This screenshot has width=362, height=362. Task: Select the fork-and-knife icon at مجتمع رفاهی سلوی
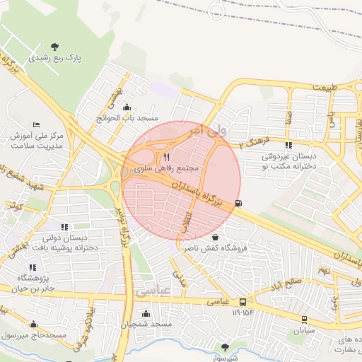point(166,156)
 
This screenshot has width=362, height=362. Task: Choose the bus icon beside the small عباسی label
point(243,301)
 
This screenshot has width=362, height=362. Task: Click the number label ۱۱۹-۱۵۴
point(241,313)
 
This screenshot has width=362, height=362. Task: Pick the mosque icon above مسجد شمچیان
point(146,313)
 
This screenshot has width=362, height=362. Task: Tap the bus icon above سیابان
point(304,319)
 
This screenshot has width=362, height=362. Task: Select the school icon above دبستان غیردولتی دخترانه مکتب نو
point(288,145)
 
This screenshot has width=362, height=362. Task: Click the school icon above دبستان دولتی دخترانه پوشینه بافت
point(64,227)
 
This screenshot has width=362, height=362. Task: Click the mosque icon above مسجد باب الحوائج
point(127,107)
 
